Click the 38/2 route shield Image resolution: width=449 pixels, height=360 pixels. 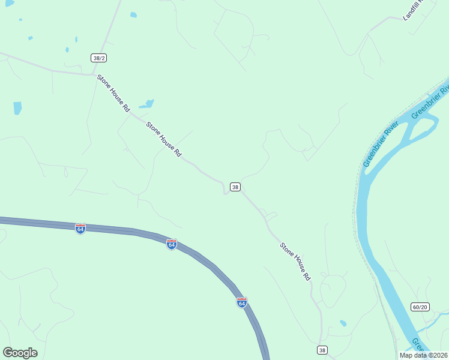click(100, 58)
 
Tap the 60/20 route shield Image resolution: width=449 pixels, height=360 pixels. click(420, 307)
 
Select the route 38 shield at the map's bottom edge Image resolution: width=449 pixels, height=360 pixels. click(322, 350)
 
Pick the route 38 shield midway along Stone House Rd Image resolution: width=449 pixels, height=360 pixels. click(235, 187)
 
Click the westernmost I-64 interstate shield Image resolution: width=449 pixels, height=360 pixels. click(80, 229)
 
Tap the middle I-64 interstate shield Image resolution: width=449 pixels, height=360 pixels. click(172, 244)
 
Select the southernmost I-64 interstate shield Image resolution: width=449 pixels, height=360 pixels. click(242, 302)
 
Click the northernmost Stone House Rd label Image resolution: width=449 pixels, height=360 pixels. click(113, 94)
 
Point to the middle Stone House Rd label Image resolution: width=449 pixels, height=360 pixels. click(164, 140)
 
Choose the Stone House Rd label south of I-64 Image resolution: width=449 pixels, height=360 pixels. click(295, 262)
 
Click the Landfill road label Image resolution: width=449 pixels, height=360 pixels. click(413, 10)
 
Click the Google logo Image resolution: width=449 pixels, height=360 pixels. click(20, 353)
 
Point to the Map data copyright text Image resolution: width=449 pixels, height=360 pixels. click(423, 355)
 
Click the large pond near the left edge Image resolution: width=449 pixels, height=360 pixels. click(17, 108)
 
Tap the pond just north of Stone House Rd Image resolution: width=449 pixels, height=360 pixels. click(147, 104)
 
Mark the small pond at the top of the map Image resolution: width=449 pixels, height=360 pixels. click(133, 14)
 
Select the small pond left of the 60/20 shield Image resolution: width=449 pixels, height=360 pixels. click(343, 323)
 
